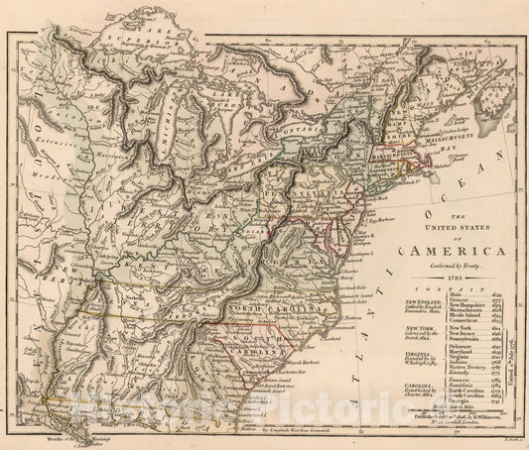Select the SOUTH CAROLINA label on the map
260,344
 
